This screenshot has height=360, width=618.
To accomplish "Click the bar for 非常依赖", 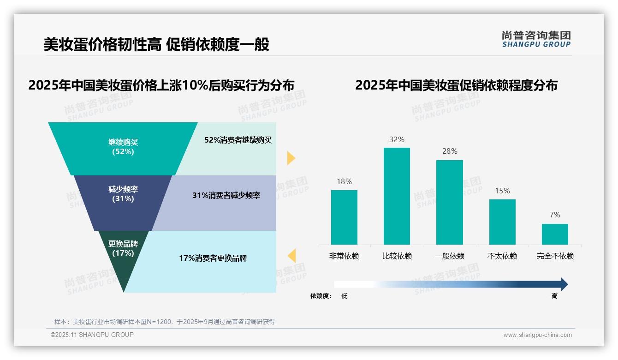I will (344, 217).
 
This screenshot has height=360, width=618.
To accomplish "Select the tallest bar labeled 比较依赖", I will (397, 196).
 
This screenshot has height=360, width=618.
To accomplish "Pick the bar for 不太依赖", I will (502, 222).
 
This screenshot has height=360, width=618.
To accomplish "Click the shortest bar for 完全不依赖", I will (555, 234).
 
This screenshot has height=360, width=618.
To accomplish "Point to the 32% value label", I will (397, 139).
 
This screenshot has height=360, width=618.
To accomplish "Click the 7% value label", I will (555, 215).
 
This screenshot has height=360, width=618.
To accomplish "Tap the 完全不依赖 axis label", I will (555, 256).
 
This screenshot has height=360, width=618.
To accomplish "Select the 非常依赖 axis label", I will (344, 256).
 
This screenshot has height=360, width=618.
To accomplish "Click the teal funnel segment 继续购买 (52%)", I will (123, 148).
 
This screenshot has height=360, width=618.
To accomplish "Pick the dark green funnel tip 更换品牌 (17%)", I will (123, 252).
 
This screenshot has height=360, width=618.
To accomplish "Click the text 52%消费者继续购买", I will (238, 140).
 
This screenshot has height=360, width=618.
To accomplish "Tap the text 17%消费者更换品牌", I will (213, 258).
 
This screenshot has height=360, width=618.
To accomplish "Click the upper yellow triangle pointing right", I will (291, 158).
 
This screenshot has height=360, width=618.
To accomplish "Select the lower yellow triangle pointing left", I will (291, 256).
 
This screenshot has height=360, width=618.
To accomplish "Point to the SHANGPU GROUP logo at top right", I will (536, 39).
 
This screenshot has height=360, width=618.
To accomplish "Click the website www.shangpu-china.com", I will (537, 335).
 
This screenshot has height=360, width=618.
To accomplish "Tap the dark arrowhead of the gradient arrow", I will (564, 284).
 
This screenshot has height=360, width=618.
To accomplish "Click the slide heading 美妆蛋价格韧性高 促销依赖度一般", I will (156, 44).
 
